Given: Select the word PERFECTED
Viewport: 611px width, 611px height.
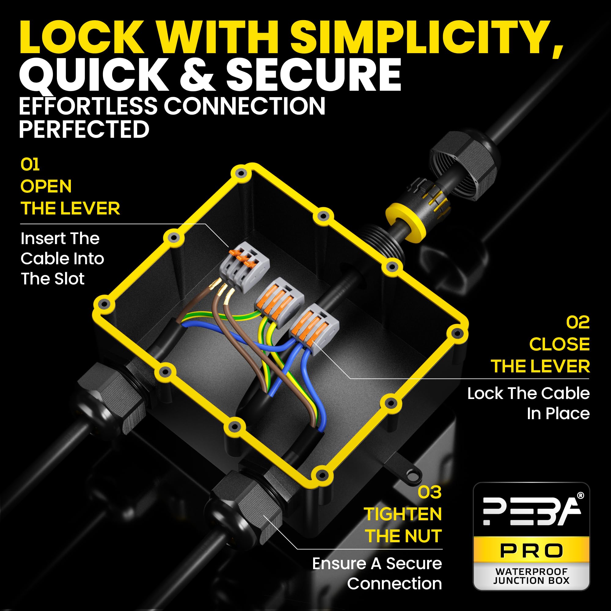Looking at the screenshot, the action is pyautogui.click(x=84, y=129).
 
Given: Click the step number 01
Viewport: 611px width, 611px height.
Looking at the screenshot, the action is pyautogui.click(x=30, y=164).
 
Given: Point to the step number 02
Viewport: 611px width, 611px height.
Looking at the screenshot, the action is pyautogui.click(x=578, y=323).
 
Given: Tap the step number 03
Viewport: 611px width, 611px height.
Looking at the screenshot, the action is pyautogui.click(x=430, y=492).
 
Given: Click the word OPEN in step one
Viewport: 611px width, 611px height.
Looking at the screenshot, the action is pyautogui.click(x=46, y=186).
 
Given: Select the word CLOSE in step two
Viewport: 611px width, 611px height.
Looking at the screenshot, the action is pyautogui.click(x=559, y=344).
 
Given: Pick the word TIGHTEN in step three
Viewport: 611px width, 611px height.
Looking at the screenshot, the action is pyautogui.click(x=403, y=514).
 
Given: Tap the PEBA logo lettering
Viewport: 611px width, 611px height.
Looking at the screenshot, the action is pyautogui.click(x=531, y=512).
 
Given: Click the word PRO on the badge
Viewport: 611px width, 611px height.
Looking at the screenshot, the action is pyautogui.click(x=531, y=551).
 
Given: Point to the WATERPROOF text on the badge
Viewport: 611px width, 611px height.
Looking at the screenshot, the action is pyautogui.click(x=531, y=572).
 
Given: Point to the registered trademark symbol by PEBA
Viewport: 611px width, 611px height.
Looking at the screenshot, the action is pyautogui.click(x=581, y=496).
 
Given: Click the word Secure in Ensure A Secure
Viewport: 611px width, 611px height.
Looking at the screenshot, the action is pyautogui.click(x=414, y=564).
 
